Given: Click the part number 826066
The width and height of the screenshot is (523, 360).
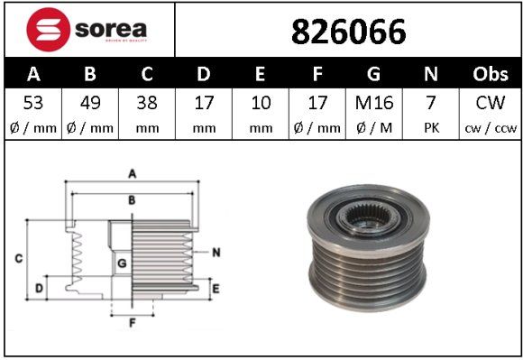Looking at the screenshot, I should point(347,32).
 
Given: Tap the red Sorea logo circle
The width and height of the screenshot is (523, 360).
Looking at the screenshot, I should point(46,31).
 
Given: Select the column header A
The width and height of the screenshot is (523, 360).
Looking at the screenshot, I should point(33,73).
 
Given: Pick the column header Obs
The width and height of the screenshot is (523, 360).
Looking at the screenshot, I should point(491,73).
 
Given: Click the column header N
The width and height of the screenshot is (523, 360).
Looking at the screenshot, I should point(431,73).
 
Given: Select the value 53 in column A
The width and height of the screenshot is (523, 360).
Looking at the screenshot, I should point(33,103).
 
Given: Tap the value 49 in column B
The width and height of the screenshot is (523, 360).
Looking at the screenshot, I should point(90,103).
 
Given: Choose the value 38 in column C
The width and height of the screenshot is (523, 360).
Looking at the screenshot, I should point(147,103).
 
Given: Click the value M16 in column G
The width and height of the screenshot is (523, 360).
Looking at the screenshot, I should point(374,103).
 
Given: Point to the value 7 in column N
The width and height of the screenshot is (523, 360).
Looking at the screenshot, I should point(431,103).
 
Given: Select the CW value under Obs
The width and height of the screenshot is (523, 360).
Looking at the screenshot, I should point(491,103).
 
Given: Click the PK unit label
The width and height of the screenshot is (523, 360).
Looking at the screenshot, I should point(431,127).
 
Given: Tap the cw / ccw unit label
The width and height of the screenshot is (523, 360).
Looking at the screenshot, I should point(491,127).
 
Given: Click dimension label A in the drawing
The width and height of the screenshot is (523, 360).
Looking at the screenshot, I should point(132,172).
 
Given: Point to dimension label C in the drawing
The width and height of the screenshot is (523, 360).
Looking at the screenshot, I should point(18,259).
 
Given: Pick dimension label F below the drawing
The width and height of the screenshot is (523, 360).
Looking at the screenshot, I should point(131,321).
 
